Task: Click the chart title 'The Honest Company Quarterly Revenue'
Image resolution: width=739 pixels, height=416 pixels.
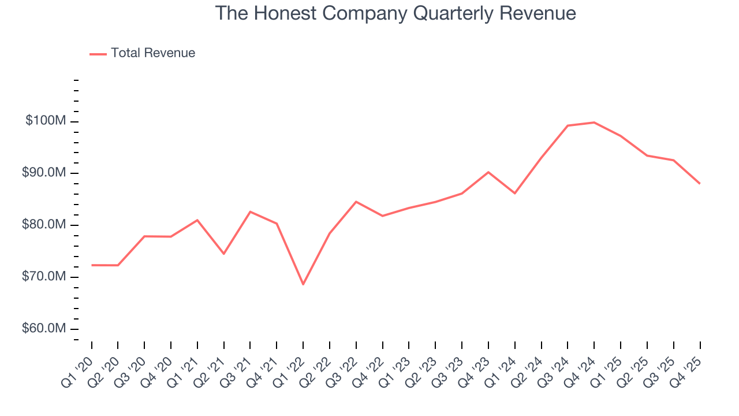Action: coord(395,13)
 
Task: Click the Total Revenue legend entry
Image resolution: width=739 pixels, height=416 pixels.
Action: coord(143,53)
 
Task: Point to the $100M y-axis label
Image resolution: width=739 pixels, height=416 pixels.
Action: coord(46,121)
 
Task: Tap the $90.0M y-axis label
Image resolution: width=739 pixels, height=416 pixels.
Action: coord(44,173)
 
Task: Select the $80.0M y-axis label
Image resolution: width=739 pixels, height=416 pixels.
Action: coord(44,225)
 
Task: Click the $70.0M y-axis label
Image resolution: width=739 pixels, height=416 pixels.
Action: coord(44,277)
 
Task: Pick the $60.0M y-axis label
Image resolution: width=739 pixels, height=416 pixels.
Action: coord(44,329)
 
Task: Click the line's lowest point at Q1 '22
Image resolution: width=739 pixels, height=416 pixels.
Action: coord(303,284)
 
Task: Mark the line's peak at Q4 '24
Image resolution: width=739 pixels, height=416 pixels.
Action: coord(594,122)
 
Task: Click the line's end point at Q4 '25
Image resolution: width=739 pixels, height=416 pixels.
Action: coord(700,184)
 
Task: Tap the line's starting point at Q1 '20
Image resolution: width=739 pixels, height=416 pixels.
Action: coord(92,265)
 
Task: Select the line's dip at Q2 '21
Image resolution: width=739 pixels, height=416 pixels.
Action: coord(223,254)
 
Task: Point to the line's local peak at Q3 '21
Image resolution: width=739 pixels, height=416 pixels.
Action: coord(250,211)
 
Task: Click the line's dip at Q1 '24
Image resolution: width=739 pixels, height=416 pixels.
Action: coord(514,193)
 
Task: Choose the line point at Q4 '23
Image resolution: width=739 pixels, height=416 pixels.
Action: coord(488,172)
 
